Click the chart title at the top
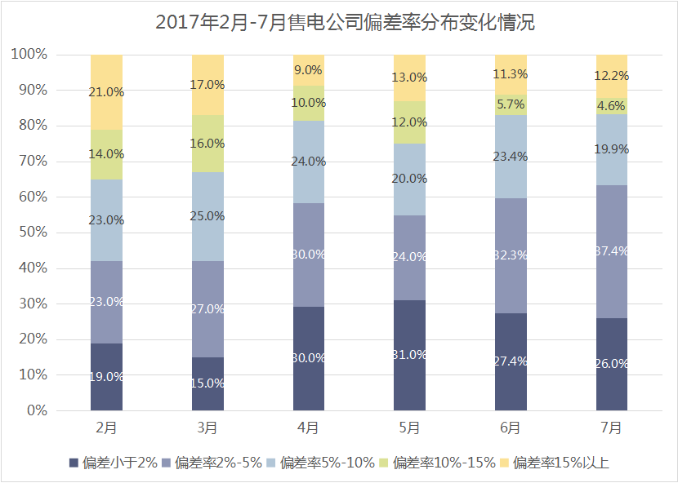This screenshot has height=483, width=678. coord(338,22)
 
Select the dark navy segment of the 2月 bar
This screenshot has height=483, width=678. coord(106,376)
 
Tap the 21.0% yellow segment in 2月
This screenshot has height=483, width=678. coord(106,91)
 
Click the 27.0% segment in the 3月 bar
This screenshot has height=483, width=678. coord(207,309)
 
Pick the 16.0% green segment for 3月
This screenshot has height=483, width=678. coord(207,144)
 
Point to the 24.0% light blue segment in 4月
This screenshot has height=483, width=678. coord(309,162)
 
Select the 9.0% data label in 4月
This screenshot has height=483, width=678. coord(309,70)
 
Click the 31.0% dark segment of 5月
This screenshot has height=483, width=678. coord(409,355)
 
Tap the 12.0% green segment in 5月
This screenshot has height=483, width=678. coord(409,122)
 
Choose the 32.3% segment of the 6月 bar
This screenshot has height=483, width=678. coord(511,255)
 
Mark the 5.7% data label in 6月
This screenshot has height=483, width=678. coord(511,104)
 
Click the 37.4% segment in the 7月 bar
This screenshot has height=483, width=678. coord(612,251)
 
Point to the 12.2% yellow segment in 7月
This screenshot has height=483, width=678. coord(612,76)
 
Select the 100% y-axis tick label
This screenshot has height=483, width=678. coord(29,55)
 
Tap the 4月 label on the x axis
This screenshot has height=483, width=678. coord(309,427)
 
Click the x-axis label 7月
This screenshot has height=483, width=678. coord(612,427)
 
